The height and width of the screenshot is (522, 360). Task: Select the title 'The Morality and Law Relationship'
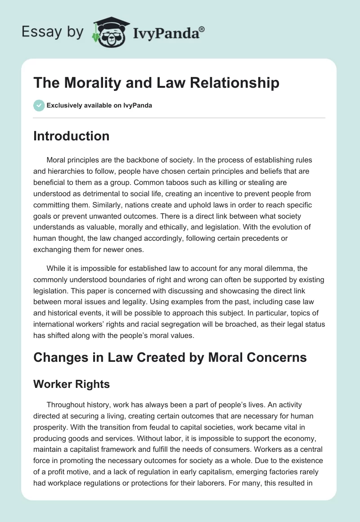pyautogui.click(x=156, y=83)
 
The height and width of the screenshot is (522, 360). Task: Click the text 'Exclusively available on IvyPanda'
pyautogui.click(x=99, y=106)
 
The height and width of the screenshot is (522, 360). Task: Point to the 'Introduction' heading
pyautogui.click(x=71, y=136)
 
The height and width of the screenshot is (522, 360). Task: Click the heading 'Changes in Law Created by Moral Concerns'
pyautogui.click(x=170, y=357)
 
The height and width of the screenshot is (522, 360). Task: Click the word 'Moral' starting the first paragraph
pyautogui.click(x=56, y=160)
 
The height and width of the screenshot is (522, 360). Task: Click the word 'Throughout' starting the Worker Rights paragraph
pyautogui.click(x=66, y=405)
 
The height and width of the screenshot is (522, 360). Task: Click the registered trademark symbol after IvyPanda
pyautogui.click(x=202, y=29)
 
